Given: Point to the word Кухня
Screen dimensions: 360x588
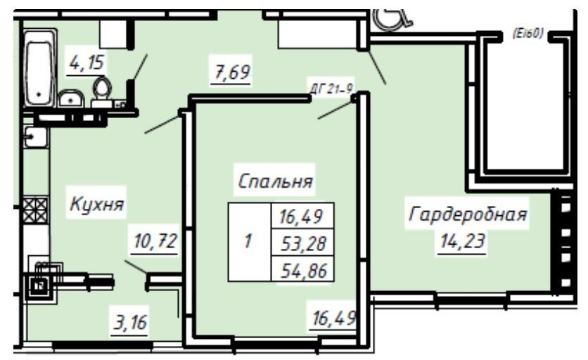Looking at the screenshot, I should coord(96,205).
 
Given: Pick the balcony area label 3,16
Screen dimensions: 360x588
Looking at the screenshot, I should coord(131,324).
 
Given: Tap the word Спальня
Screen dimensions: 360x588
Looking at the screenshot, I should coord(276,182).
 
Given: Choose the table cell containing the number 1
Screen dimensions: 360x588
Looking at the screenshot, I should coord(248,243).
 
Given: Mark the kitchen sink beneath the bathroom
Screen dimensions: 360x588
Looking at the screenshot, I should coord(34,138).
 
